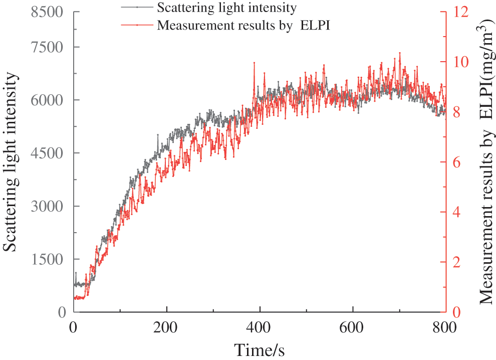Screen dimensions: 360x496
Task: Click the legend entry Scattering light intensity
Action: coord(226,8)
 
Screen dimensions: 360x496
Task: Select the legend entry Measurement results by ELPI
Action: coord(243,25)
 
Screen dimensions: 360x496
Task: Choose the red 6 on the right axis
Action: coord(457,162)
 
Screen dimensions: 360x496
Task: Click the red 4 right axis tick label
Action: coord(457,212)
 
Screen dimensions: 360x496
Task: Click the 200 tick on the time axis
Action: coord(167,326)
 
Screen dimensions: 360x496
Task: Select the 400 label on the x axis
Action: coord(260,326)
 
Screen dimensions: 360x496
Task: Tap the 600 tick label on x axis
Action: coord(353,326)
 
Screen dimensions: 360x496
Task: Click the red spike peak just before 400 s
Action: coord(255,63)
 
